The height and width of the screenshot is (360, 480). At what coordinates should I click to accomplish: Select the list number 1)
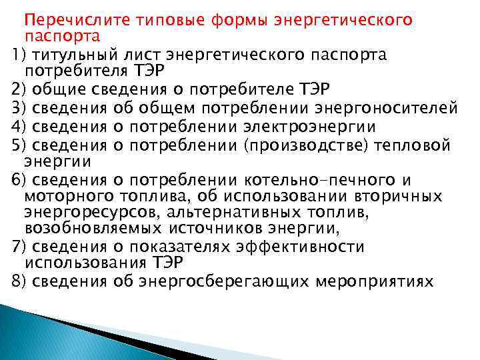tap(19, 54)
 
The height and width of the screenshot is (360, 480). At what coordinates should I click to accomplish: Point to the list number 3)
tap(19, 107)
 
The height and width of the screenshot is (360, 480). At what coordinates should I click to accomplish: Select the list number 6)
tap(19, 179)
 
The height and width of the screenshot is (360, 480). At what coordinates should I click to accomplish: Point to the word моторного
tap(69, 197)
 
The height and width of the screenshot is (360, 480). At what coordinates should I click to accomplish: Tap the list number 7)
tap(19, 247)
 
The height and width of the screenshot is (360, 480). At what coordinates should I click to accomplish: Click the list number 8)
tap(19, 281)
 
